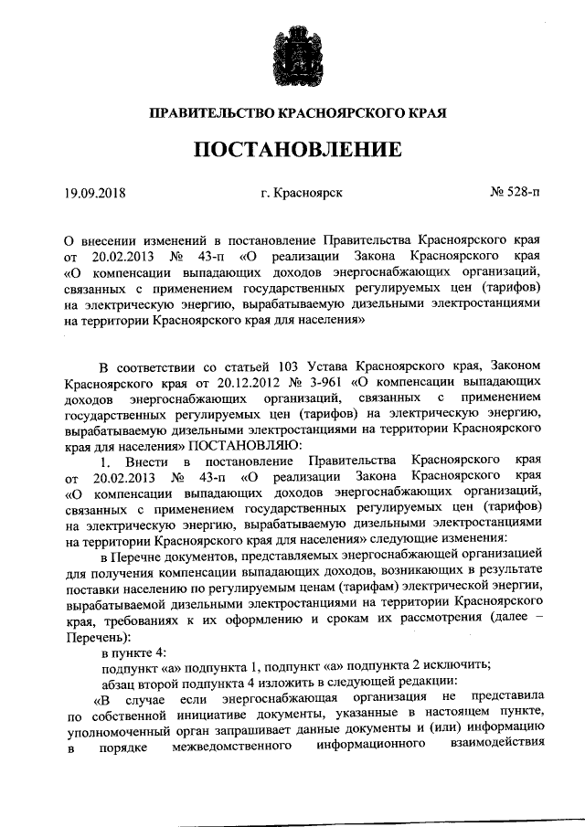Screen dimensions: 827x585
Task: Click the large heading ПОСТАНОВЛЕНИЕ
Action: click(292, 148)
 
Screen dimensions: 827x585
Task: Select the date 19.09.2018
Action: click(94, 193)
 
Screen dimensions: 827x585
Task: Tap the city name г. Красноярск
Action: click(301, 193)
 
